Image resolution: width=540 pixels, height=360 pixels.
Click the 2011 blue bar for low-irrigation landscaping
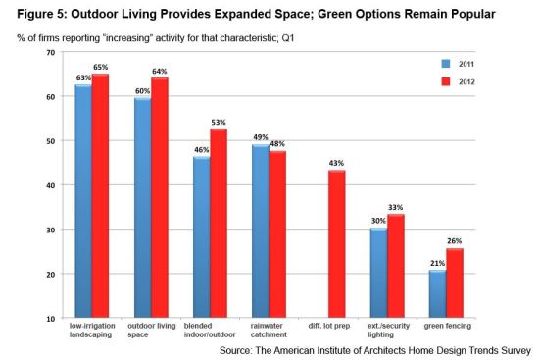click(x=83, y=201)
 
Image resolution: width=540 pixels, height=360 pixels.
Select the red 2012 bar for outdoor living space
click(x=160, y=197)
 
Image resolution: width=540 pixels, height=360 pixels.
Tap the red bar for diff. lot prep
click(x=337, y=244)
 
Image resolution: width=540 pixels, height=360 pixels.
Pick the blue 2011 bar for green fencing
click(x=438, y=294)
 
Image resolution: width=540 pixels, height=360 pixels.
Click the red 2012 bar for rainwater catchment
click(x=277, y=234)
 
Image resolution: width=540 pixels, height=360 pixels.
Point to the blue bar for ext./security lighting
click(x=379, y=273)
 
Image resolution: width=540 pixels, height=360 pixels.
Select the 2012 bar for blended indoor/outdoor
click(x=219, y=223)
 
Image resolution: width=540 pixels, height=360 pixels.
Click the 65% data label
click(x=101, y=67)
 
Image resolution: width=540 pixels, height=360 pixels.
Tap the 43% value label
click(x=336, y=163)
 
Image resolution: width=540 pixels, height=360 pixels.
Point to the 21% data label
click(x=437, y=263)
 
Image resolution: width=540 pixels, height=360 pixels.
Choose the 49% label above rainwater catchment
click(x=261, y=137)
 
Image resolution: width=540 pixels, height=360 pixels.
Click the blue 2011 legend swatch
click(x=446, y=64)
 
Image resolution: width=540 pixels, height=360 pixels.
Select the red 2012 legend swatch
click(x=446, y=81)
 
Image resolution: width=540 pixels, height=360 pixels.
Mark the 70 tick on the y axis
click(x=50, y=53)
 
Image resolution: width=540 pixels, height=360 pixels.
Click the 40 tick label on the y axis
click(x=50, y=185)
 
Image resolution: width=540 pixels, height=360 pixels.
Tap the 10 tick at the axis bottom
click(x=50, y=319)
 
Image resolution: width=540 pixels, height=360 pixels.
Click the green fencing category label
click(x=447, y=326)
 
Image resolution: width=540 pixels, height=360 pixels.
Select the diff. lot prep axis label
click(x=329, y=326)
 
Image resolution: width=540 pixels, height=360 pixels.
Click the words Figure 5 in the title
click(x=42, y=14)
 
